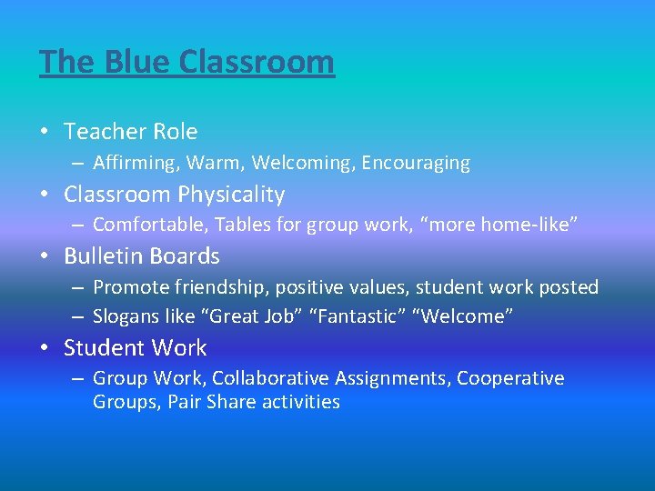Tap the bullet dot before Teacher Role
tap(45, 132)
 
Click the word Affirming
tap(132, 164)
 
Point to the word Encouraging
tap(416, 164)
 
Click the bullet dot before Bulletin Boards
tap(45, 256)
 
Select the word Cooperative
tap(510, 378)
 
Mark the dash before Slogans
tap(77, 316)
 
